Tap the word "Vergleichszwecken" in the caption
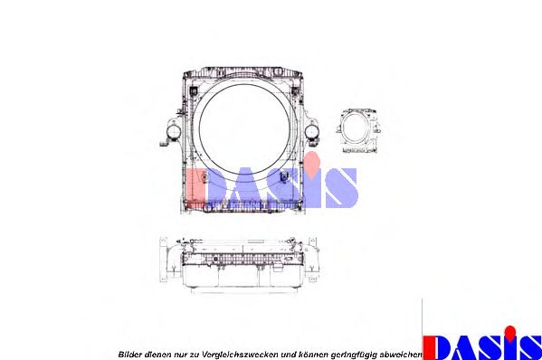pos(239,355)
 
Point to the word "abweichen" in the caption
pos(401,355)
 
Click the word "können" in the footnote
pos(314,355)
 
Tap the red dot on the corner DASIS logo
pos(509,331)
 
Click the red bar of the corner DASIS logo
pos(428,348)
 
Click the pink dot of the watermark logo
pos(312,163)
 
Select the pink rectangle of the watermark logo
pos(195,187)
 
